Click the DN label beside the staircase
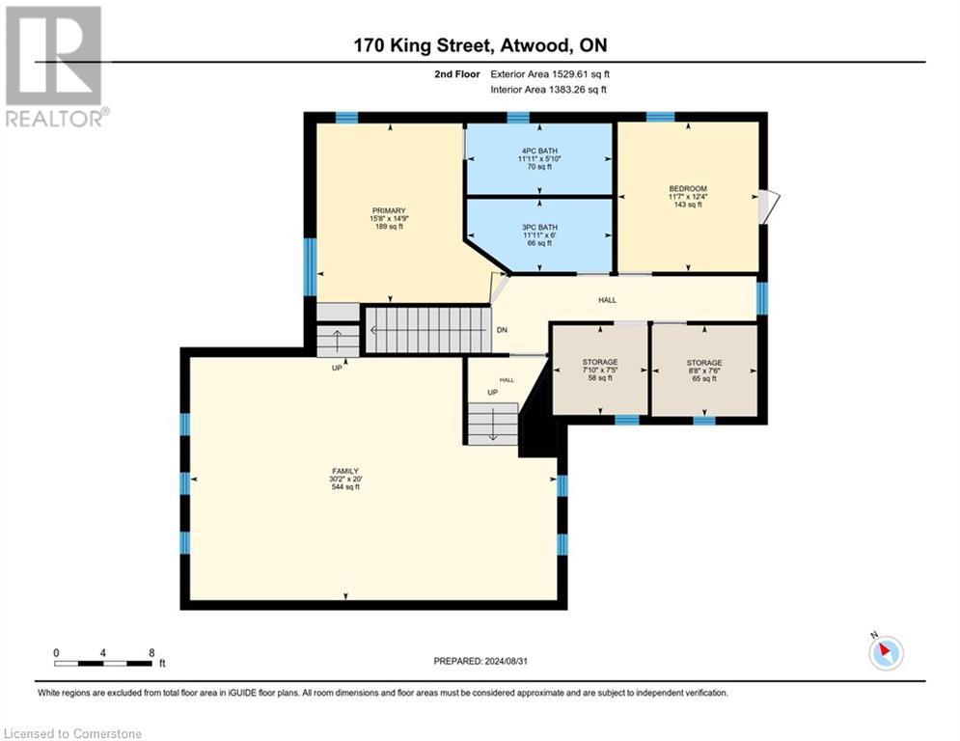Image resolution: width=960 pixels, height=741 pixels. pos(502,330)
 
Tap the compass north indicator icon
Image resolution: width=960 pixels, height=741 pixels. pos(885,652)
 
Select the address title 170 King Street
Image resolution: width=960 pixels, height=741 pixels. pos(479,45)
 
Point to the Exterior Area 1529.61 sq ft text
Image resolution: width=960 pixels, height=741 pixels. pos(550,73)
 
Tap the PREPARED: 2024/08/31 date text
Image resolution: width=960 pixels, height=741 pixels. pos(480,661)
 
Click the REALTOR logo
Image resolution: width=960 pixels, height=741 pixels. pos(54,65)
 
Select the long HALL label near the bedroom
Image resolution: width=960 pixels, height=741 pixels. pos(607,300)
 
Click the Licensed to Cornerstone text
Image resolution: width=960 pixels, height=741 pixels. pos(73,733)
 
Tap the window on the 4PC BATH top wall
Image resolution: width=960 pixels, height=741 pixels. pos(518,117)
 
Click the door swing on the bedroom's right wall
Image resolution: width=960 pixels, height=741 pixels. pos(769,206)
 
